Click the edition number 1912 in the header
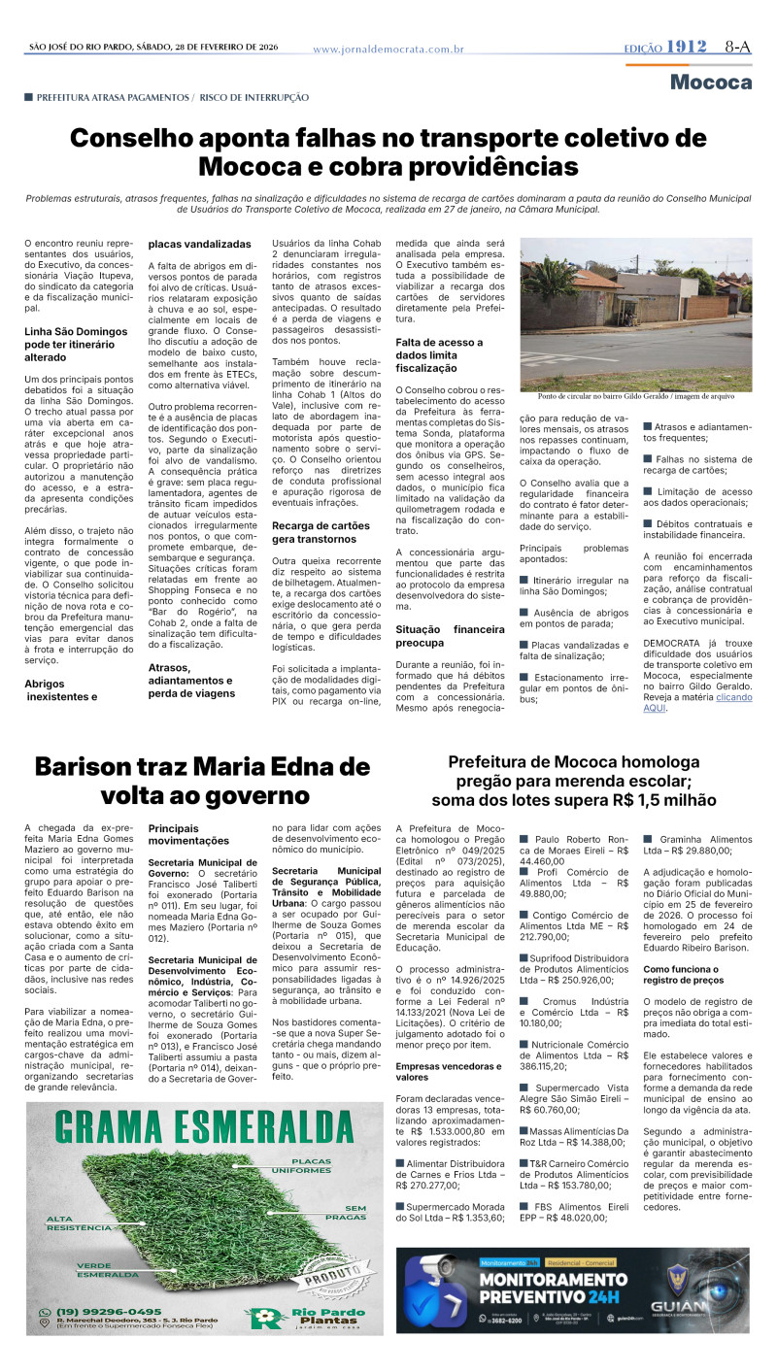pyautogui.click(x=690, y=47)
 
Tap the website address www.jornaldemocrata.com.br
pyautogui.click(x=388, y=49)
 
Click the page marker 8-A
pyautogui.click(x=737, y=47)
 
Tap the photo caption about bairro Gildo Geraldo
pyautogui.click(x=635, y=397)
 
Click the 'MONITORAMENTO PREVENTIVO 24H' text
pyautogui.click(x=554, y=1288)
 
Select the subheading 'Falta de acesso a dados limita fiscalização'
pyautogui.click(x=439, y=355)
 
